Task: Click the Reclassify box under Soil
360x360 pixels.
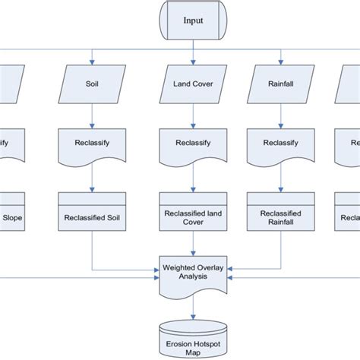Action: click(92, 143)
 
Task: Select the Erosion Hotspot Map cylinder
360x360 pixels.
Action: click(193, 336)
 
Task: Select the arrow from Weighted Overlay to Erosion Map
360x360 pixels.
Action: click(193, 305)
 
